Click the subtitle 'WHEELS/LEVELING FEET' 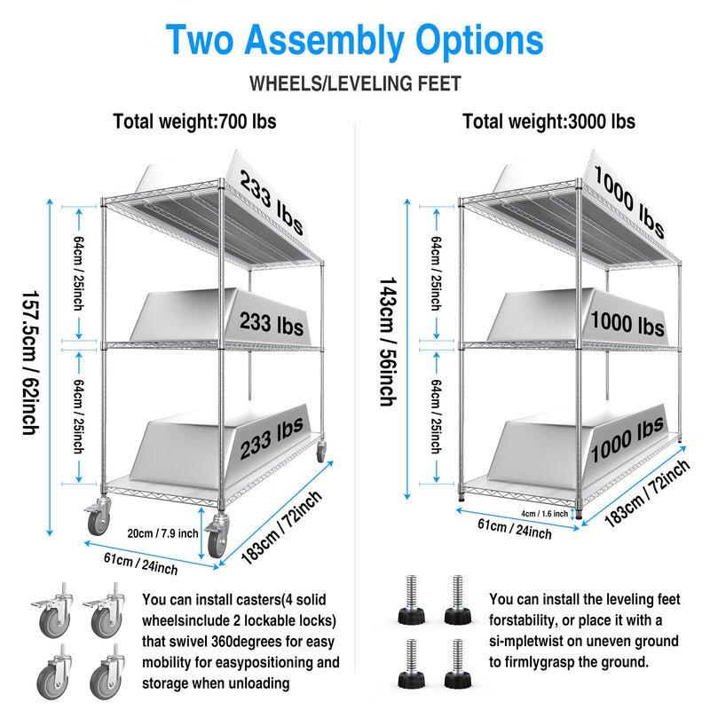355,84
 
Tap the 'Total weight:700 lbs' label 194,122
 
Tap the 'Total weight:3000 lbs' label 548,122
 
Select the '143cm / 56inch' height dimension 387,342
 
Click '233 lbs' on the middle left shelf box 271,319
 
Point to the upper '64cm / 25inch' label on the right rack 436,272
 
